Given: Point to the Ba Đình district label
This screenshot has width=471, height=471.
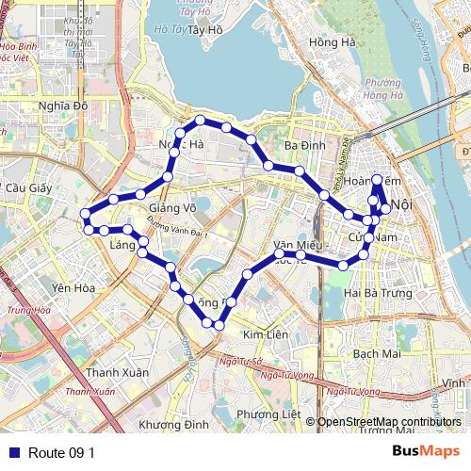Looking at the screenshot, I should pos(304,145).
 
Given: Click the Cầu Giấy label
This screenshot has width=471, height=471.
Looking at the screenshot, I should pos(27,187).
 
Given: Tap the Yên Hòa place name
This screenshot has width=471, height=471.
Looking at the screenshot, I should pos(73,288).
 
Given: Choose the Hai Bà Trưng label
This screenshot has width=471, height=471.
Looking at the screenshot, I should pos(378,293).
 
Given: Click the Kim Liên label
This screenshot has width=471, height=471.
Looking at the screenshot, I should pos(265,335).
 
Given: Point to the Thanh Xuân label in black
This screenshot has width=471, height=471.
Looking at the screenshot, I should pos(117,372).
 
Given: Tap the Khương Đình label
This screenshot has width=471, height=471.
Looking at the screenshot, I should pos(173,425).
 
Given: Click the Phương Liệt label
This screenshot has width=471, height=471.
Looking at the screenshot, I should pos(268,414).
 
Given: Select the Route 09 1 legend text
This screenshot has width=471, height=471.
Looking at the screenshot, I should pos(61,452).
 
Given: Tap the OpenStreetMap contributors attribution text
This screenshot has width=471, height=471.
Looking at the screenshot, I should pos(389,422).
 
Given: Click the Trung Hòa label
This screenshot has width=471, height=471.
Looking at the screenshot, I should pos(27,310).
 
